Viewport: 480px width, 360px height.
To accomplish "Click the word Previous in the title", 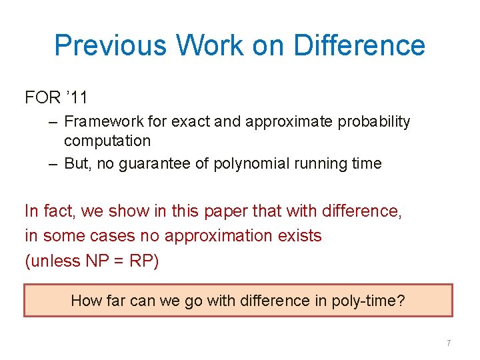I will (111, 45).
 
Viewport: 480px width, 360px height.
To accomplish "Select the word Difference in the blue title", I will (359, 45).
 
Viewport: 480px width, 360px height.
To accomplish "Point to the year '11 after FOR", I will (77, 98).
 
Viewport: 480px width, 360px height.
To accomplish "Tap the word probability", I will (374, 122).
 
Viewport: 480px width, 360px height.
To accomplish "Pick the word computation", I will (107, 141).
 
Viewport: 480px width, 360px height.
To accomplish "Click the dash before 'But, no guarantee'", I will (53, 164).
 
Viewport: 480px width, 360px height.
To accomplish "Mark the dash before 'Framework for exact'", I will (53, 122).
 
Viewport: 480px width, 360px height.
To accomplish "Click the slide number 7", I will (449, 343).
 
